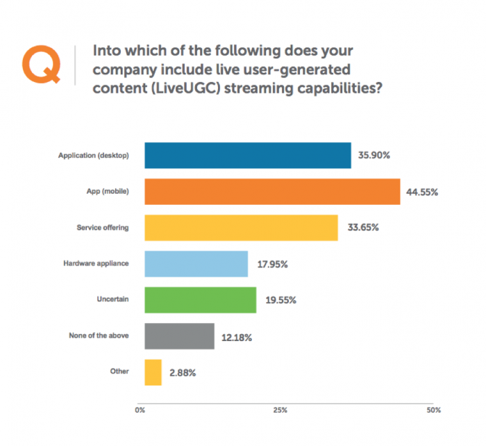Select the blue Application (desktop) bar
pos(247,155)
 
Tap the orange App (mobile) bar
pos(272,191)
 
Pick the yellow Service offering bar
pos(241,227)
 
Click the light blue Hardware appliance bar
pos(196,263)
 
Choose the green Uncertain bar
pos(200,299)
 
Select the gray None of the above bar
pos(179,336)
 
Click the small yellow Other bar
pos(153,372)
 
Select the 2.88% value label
pos(182,372)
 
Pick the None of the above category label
pos(98,336)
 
